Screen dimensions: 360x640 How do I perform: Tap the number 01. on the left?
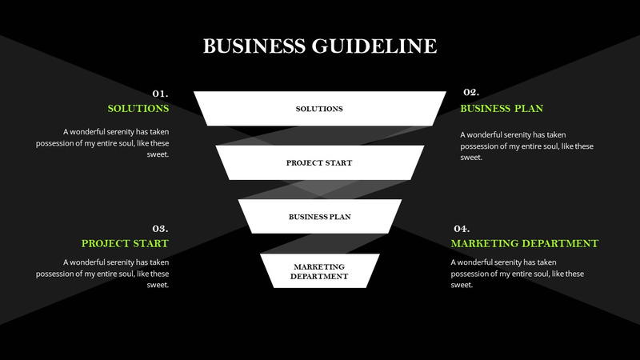160,93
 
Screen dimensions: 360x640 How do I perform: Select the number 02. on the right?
470,93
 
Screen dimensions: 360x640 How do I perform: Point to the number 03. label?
160,228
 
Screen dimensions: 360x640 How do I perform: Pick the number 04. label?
461,228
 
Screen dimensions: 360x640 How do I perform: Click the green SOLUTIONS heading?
138,108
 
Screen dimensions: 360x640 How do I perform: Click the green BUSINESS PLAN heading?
502,108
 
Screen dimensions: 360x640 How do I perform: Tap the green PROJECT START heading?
125,243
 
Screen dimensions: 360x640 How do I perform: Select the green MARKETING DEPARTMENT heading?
524,243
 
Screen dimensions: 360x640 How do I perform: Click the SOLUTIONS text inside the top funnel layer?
319,109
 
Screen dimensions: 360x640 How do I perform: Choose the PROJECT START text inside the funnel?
319,163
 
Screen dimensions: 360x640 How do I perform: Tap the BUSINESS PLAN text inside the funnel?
319,217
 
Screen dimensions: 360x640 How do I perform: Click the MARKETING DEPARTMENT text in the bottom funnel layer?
319,271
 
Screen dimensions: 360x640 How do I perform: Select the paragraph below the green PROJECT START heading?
104,273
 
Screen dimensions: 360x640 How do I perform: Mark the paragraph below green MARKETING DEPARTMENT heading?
516,273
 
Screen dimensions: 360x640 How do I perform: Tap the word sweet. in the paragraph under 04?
462,286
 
